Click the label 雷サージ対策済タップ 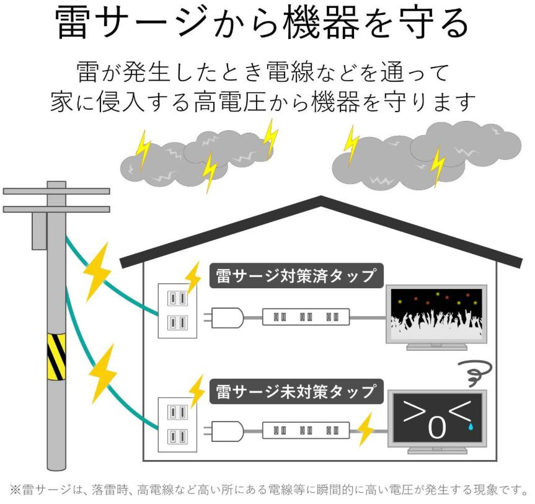click(296, 276)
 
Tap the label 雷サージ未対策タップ click(296, 392)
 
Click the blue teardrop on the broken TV click(471, 426)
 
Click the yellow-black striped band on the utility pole click(56, 356)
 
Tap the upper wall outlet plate click(177, 311)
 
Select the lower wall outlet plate click(177, 425)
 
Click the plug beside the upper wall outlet click(224, 318)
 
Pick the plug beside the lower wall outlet click(224, 431)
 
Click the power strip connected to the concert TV click(306, 317)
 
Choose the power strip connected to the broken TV click(306, 431)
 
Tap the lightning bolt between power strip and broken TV click(365, 430)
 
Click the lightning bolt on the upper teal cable click(97, 272)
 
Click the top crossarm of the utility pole click(56, 191)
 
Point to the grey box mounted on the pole click(39, 231)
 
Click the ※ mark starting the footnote click(15, 490)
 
